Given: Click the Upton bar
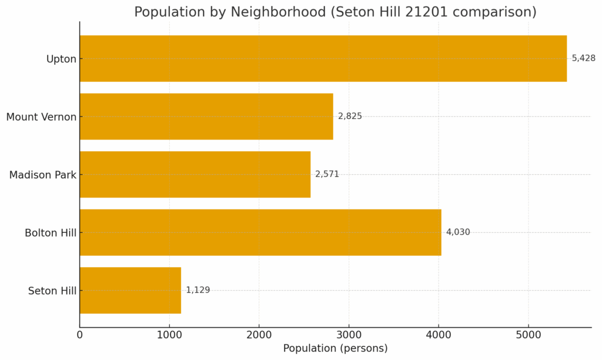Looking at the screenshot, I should [x=323, y=58].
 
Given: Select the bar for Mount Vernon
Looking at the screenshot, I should [x=206, y=116].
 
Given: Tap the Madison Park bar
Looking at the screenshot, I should [x=195, y=174].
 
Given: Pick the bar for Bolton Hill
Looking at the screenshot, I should [x=260, y=232].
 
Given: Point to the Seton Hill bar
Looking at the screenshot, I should [x=130, y=290].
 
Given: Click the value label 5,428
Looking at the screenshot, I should [x=583, y=58].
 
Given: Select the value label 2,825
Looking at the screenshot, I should [x=350, y=116].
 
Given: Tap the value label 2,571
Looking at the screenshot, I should [x=327, y=174].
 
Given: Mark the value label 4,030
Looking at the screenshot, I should [x=458, y=232].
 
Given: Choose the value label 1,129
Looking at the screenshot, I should [x=198, y=290].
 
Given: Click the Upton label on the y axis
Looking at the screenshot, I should [x=61, y=59].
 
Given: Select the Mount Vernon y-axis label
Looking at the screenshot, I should [x=41, y=117].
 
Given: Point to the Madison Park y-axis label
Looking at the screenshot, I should [x=43, y=175].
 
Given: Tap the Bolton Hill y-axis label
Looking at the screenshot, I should [x=51, y=233].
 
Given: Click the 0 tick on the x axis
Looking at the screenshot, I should [x=80, y=335].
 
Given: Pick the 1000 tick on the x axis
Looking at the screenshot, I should [x=169, y=335].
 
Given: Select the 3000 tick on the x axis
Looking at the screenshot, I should [x=349, y=335].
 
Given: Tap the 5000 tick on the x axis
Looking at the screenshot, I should [x=528, y=335].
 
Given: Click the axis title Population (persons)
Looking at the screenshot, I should [x=335, y=348].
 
